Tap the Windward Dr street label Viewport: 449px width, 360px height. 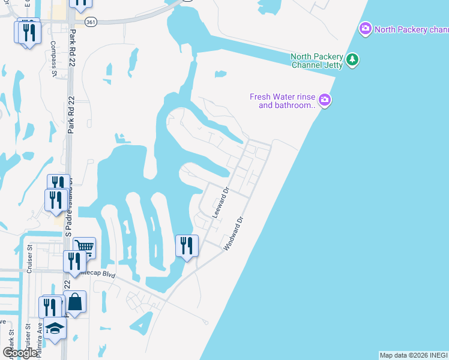tap(235, 233)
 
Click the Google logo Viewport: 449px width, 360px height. tap(19, 353)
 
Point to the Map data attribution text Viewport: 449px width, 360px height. tap(413, 355)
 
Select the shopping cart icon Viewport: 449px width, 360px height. tap(85, 246)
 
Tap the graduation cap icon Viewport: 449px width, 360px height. tap(55, 328)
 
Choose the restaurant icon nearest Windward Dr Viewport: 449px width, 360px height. tap(187, 245)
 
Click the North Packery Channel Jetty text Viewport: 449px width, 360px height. tap(317, 61)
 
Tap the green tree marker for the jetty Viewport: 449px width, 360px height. tap(353, 59)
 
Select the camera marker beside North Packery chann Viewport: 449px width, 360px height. tap(365, 28)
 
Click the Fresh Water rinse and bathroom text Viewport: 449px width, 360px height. tap(283, 101)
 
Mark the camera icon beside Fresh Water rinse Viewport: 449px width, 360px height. tap(325, 100)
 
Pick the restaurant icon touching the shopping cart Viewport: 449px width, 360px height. tap(74, 261)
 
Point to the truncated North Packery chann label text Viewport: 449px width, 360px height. tap(411, 29)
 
